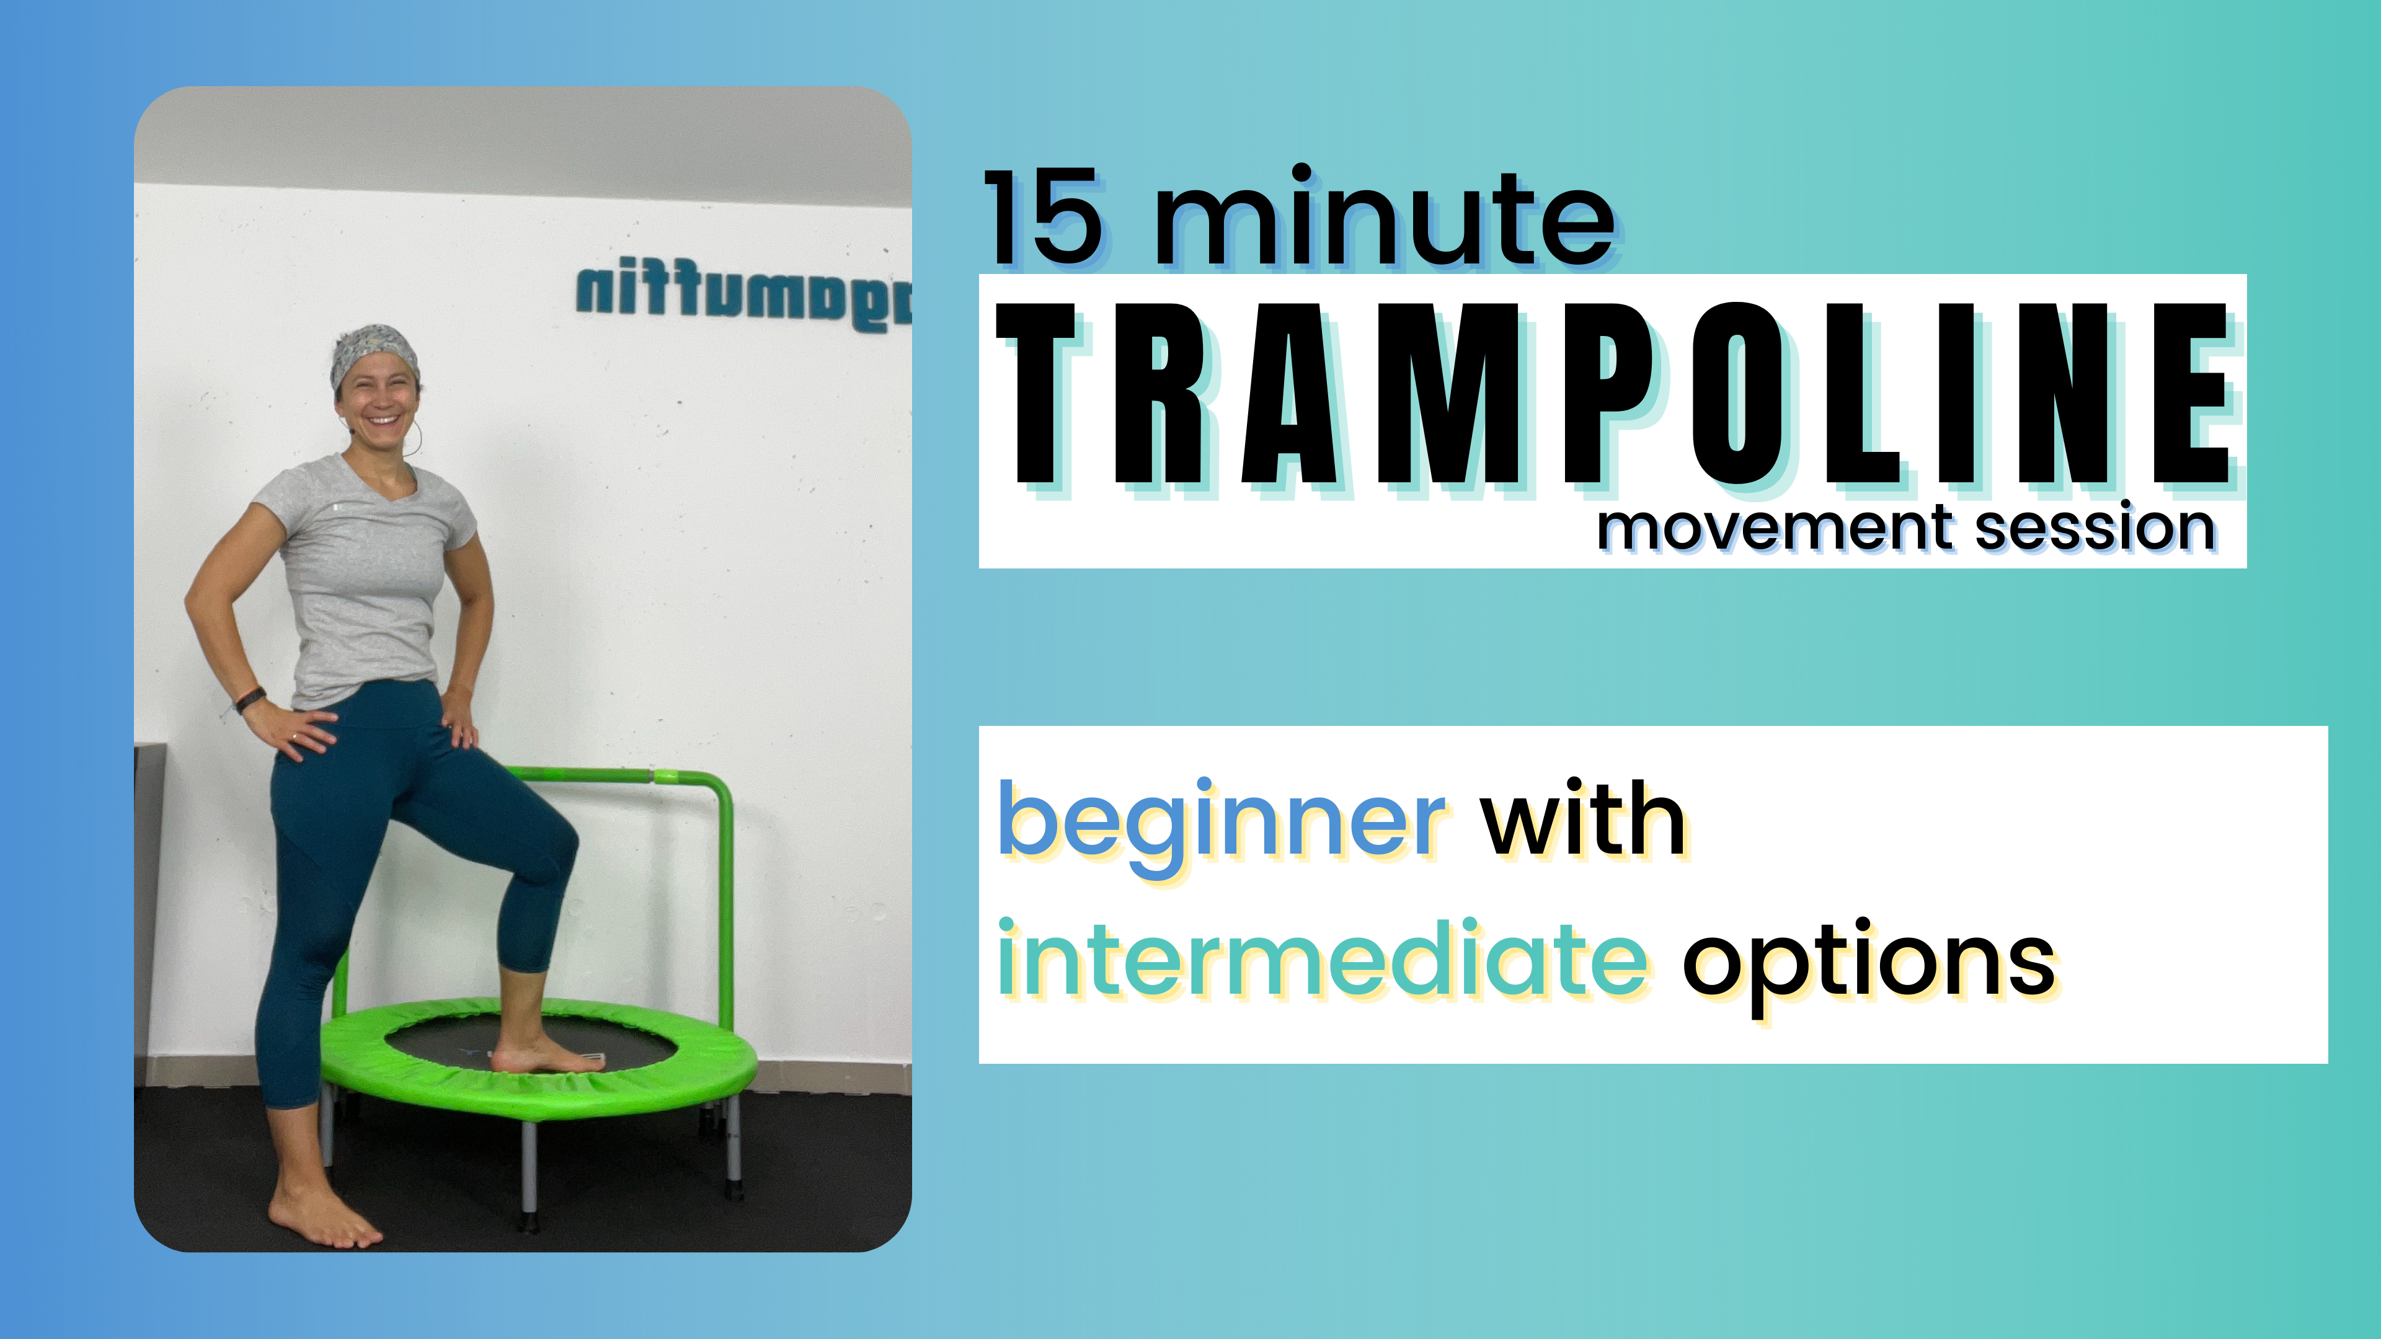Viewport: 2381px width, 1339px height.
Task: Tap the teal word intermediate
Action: click(x=1322, y=961)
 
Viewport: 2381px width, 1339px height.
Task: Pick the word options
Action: click(x=1867, y=964)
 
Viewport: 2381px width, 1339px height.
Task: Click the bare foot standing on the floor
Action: click(x=324, y=1215)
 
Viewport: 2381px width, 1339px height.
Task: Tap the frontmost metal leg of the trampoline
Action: click(x=529, y=1173)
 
